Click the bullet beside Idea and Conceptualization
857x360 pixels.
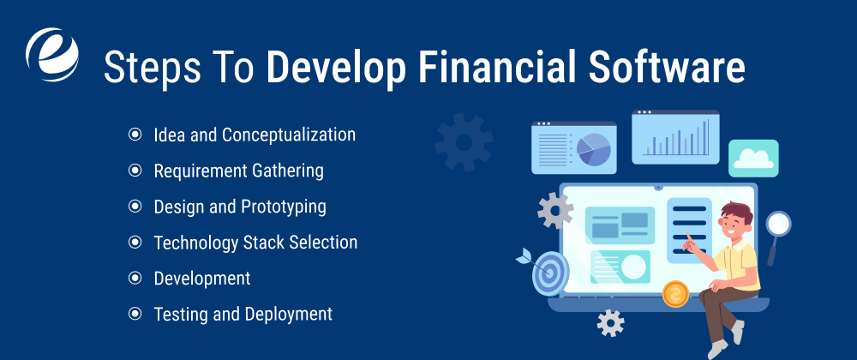pyautogui.click(x=135, y=135)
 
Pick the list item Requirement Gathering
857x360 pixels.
pyautogui.click(x=238, y=171)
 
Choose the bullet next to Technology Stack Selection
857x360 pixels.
pyautogui.click(x=135, y=243)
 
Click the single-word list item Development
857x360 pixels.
pyautogui.click(x=202, y=279)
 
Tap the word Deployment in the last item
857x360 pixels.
pyautogui.click(x=288, y=315)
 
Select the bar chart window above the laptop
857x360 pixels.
pyautogui.click(x=675, y=136)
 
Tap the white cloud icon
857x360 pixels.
pyautogui.click(x=753, y=158)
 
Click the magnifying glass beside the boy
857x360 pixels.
pyautogui.click(x=778, y=226)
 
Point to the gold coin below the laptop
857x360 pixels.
pyautogui.click(x=675, y=294)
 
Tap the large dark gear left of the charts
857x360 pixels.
pyautogui.click(x=464, y=141)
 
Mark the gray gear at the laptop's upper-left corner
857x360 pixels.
pyautogui.click(x=554, y=210)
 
